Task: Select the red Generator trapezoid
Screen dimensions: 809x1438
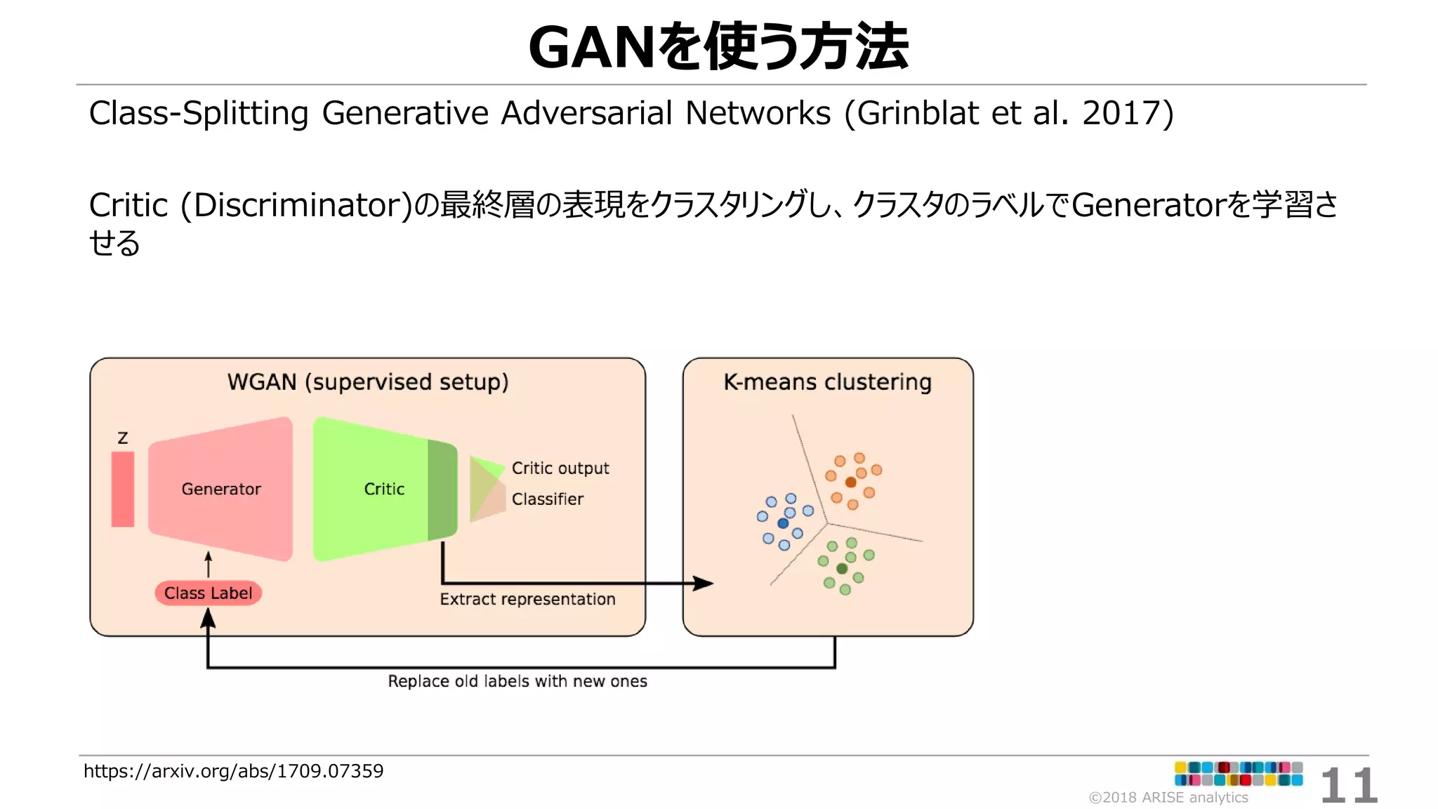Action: click(x=221, y=489)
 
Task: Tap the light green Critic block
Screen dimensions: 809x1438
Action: click(x=372, y=489)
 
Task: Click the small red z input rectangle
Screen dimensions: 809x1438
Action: click(x=123, y=489)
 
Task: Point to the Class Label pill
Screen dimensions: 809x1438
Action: click(x=209, y=593)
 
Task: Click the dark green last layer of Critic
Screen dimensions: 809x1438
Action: click(x=442, y=489)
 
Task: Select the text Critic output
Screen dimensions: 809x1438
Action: click(x=560, y=468)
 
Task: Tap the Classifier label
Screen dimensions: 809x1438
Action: click(x=547, y=499)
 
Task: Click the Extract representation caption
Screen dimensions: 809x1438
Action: click(x=527, y=599)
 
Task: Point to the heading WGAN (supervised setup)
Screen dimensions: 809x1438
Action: click(x=367, y=382)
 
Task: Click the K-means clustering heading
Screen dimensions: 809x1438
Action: click(x=827, y=382)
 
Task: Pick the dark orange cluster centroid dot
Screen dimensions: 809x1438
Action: click(x=850, y=482)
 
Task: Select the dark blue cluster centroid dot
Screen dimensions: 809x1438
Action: click(x=783, y=523)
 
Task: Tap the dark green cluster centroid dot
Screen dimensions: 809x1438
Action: click(x=842, y=568)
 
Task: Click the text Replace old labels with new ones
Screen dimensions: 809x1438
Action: click(x=517, y=681)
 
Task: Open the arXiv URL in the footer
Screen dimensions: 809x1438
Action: click(x=233, y=771)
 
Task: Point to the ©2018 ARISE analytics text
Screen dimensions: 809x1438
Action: click(x=1168, y=797)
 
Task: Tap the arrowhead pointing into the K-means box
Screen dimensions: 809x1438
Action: click(x=704, y=583)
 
